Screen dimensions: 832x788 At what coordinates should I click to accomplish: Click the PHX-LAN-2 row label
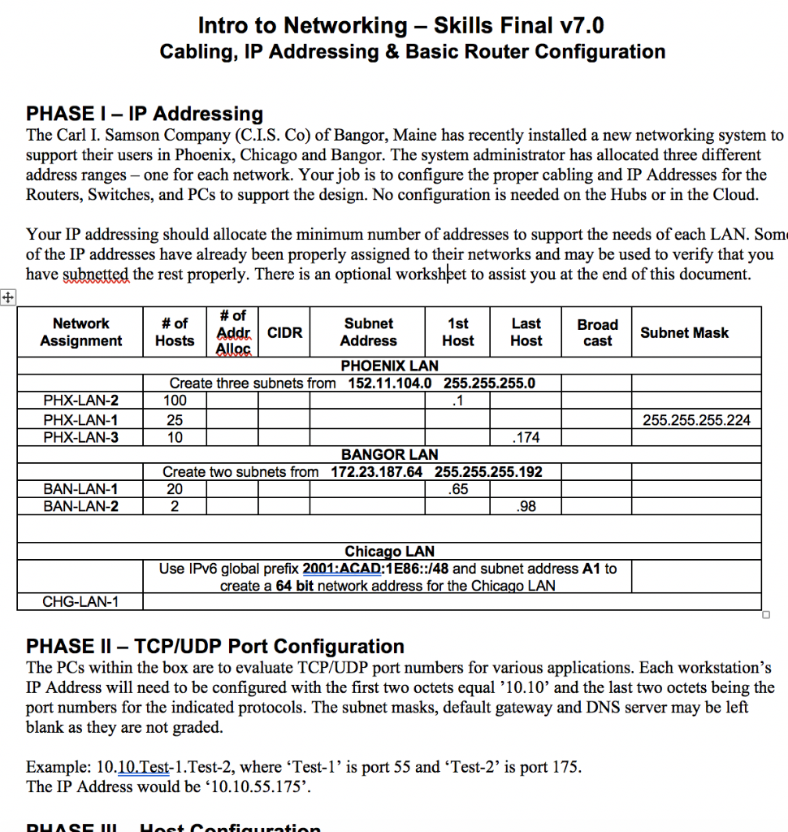tap(80, 400)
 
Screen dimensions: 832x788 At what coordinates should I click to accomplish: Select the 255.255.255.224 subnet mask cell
tap(696, 420)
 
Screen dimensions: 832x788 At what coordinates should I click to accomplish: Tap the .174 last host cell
tap(526, 438)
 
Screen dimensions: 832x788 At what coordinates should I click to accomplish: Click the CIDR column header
tap(284, 332)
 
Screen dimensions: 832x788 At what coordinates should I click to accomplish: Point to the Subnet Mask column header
tap(684, 332)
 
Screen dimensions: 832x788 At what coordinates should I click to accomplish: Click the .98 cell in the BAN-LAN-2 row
tap(526, 506)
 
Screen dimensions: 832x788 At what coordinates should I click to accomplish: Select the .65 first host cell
tap(458, 489)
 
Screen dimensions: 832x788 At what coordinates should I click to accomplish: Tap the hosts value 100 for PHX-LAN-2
tap(174, 400)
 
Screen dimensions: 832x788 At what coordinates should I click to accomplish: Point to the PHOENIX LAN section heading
tap(389, 366)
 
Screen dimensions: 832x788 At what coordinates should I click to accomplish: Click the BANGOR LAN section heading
tap(389, 455)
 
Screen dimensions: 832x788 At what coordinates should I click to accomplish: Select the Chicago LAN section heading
tap(389, 552)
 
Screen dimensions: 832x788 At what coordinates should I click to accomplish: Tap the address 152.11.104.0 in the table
tap(389, 383)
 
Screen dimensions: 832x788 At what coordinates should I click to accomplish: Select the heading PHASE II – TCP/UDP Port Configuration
tap(215, 646)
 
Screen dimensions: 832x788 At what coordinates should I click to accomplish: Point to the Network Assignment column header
tap(80, 332)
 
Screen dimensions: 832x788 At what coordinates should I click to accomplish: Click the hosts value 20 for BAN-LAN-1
tap(174, 489)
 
